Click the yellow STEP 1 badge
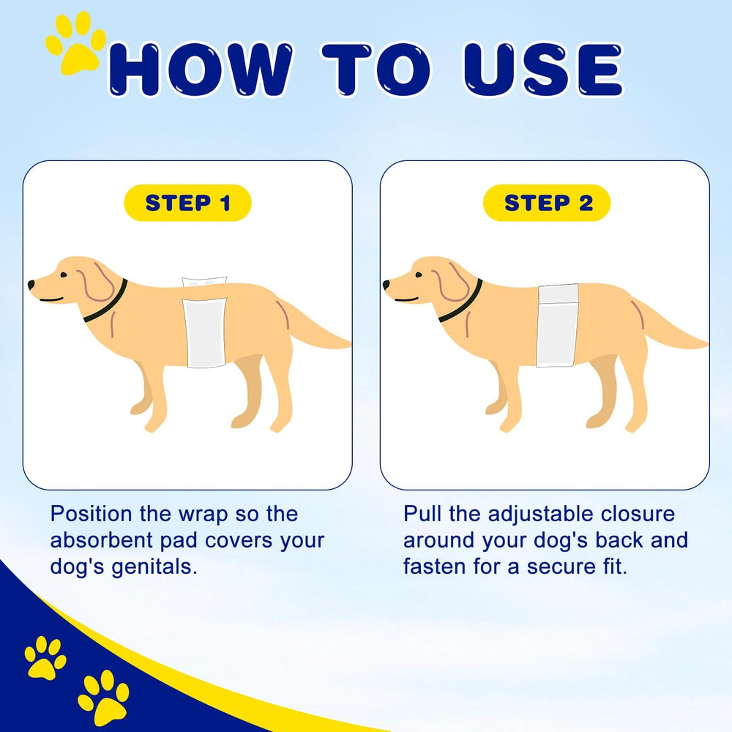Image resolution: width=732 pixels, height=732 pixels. (187, 203)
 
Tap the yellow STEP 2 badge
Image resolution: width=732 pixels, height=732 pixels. (547, 203)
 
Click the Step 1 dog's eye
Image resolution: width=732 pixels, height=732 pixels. (63, 275)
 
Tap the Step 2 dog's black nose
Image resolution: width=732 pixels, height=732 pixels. (386, 284)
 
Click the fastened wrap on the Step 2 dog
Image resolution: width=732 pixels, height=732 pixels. (557, 326)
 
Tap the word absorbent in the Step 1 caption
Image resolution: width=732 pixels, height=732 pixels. (102, 541)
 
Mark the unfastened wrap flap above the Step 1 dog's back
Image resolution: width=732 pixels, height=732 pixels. (204, 282)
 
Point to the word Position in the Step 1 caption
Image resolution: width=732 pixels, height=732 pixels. (91, 514)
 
